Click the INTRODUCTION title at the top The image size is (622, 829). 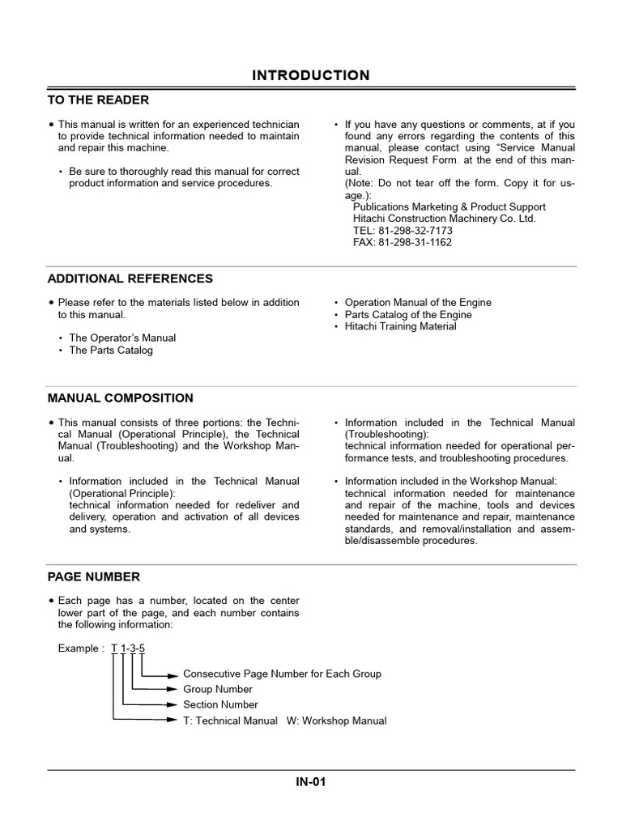pyautogui.click(x=311, y=75)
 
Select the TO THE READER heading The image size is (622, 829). pyautogui.click(x=98, y=100)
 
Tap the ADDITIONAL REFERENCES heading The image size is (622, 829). pyautogui.click(x=130, y=278)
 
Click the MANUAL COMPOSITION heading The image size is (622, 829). pyautogui.click(x=121, y=398)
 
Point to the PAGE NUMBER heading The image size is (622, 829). pyautogui.click(x=94, y=577)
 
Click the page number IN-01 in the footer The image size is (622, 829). pyautogui.click(x=311, y=782)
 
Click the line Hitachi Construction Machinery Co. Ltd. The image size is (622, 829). pyautogui.click(x=444, y=219)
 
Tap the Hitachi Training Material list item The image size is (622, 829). pyautogui.click(x=400, y=327)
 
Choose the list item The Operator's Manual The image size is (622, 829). pyautogui.click(x=122, y=338)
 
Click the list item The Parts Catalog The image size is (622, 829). pyautogui.click(x=111, y=351)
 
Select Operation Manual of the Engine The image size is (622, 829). pyautogui.click(x=418, y=303)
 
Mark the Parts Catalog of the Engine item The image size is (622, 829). pyautogui.click(x=408, y=315)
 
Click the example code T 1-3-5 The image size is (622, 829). pyautogui.click(x=128, y=648)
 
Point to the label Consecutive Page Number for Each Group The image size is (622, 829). pyautogui.click(x=282, y=674)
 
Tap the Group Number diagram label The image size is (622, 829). pyautogui.click(x=217, y=690)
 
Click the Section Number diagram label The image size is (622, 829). pyautogui.click(x=220, y=705)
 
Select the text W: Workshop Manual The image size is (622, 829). pyautogui.click(x=336, y=721)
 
